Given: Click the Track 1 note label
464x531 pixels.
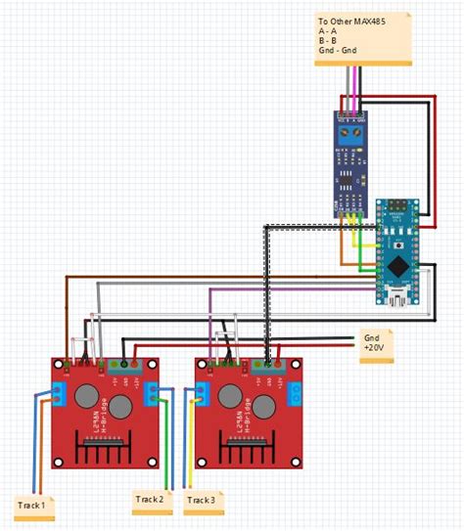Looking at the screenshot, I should point(32,506).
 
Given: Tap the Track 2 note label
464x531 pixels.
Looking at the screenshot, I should point(151,500).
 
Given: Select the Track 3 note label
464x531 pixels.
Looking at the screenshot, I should point(201,501).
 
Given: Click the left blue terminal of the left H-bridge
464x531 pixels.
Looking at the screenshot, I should point(59,394).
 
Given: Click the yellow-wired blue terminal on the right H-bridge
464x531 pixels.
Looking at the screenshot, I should point(202,394).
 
